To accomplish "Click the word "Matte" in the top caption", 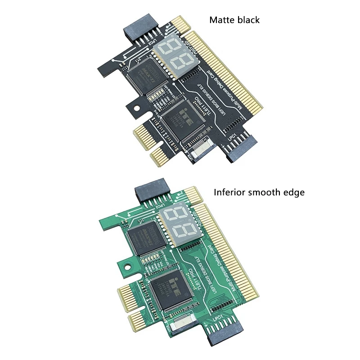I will point(220,20).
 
